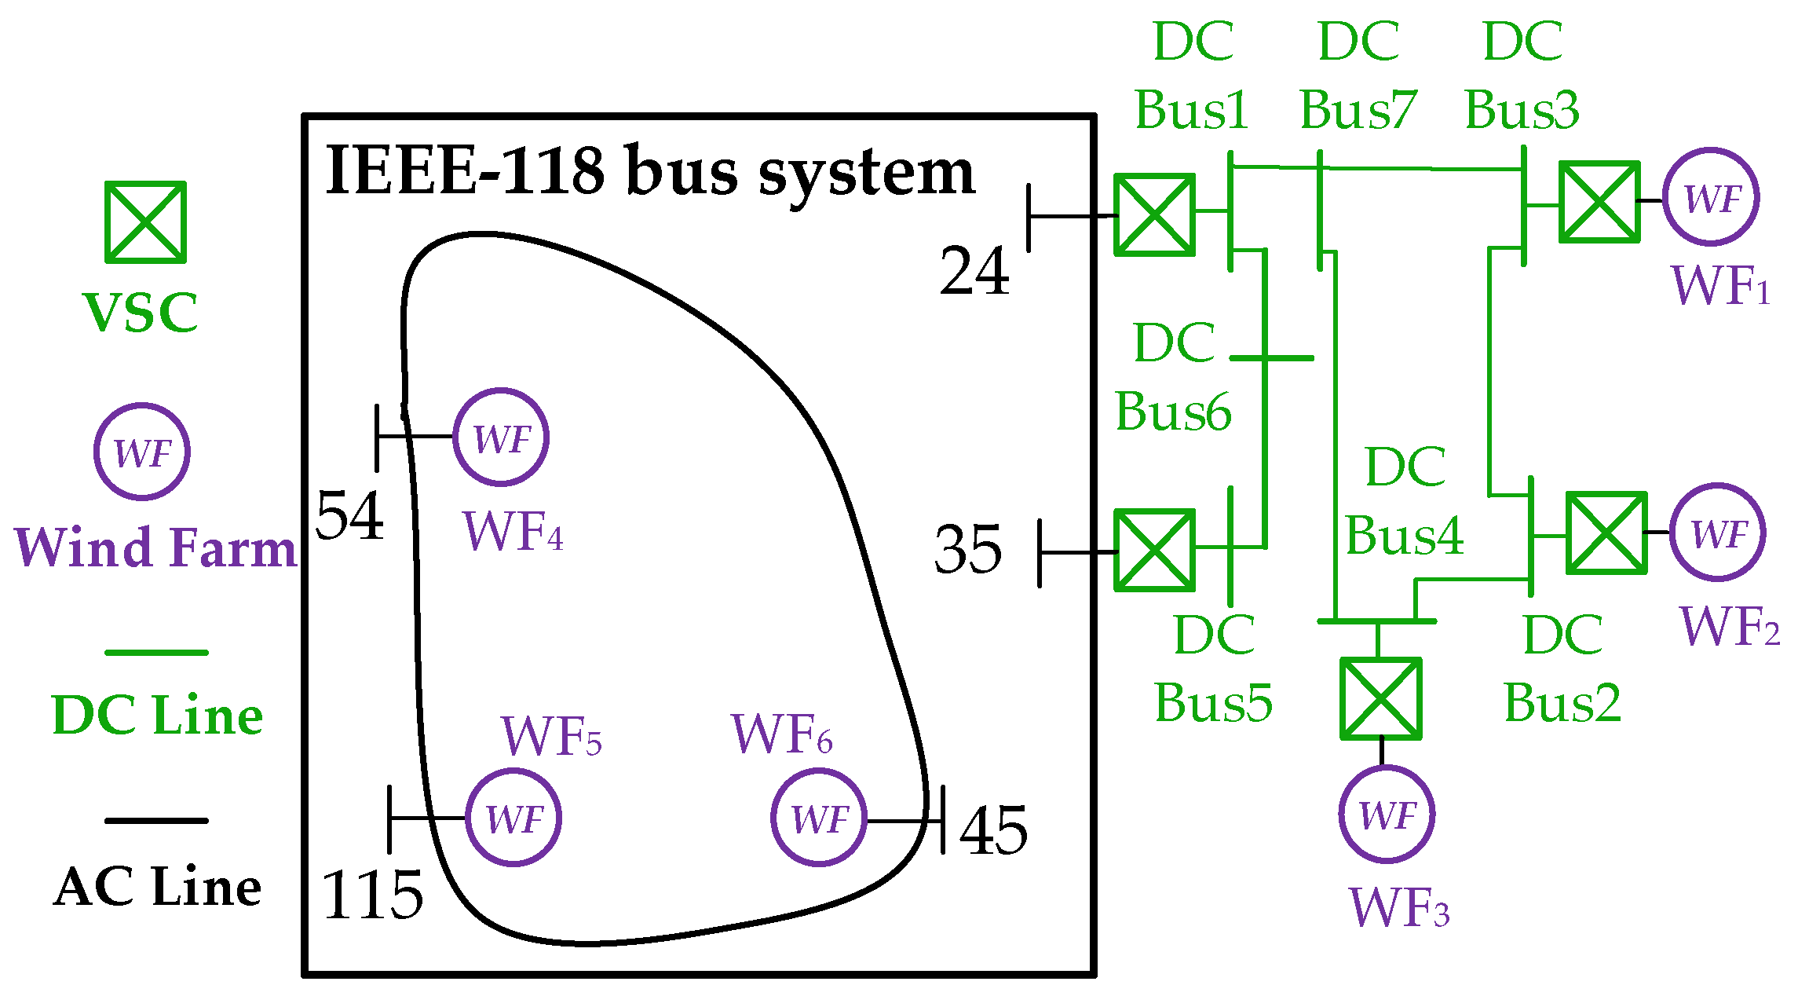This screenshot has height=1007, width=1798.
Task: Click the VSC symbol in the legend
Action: click(x=146, y=222)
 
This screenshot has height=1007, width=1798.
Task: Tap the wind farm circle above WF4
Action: click(x=501, y=437)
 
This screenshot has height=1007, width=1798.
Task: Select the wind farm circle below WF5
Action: click(x=513, y=817)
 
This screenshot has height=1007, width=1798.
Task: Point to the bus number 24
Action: click(x=974, y=271)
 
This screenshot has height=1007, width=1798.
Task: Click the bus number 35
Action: click(x=968, y=549)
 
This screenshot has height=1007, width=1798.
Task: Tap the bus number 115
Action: click(x=372, y=895)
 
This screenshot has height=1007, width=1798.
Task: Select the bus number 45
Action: click(x=993, y=830)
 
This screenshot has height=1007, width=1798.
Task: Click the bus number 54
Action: click(x=349, y=515)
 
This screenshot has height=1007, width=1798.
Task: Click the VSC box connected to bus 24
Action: click(x=1154, y=214)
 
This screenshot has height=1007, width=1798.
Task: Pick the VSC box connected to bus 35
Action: click(x=1154, y=550)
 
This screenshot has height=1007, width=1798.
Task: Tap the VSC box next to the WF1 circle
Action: click(x=1599, y=202)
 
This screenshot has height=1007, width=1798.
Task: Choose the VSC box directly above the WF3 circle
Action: click(x=1380, y=698)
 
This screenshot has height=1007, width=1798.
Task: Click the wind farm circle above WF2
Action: click(x=1718, y=532)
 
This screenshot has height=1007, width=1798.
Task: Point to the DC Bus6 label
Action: click(x=1174, y=377)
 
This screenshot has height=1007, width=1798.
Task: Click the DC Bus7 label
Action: click(x=1358, y=75)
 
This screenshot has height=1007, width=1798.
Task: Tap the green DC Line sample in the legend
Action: click(x=156, y=652)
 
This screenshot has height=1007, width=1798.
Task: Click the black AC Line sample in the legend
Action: click(x=156, y=820)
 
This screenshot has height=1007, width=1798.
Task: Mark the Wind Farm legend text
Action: click(x=156, y=547)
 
